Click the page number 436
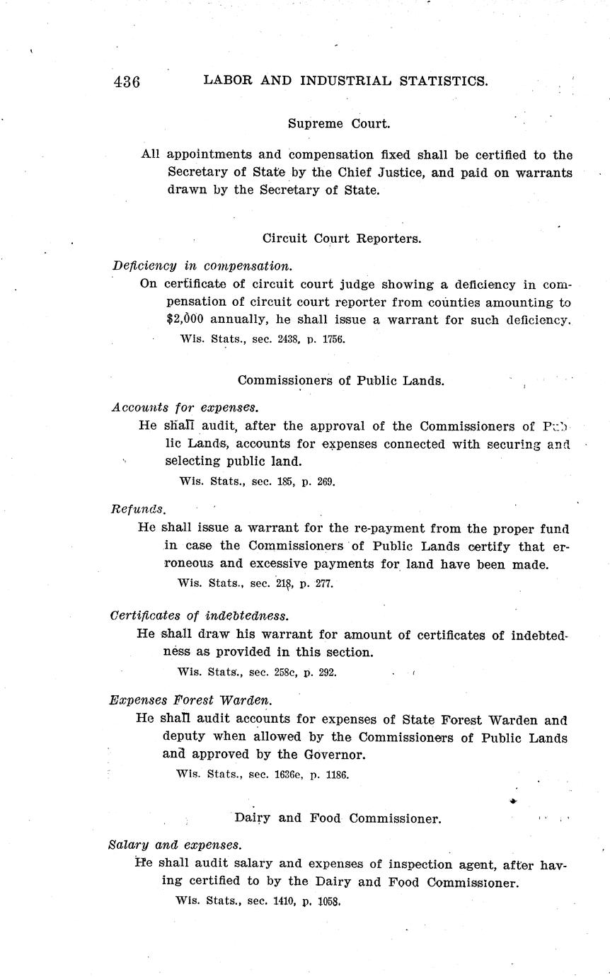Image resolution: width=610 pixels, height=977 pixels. point(127,82)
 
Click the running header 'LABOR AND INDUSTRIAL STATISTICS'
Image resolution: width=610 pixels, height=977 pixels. point(345,81)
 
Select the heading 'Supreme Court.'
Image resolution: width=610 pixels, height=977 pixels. point(339,123)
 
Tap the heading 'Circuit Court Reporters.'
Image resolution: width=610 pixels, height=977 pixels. point(342,239)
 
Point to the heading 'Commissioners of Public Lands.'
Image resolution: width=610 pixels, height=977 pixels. point(341,380)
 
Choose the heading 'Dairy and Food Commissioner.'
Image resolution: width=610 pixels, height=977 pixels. point(338,818)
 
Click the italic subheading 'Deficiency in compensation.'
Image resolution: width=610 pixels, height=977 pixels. point(202,266)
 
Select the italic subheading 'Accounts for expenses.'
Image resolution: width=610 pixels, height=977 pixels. point(185,408)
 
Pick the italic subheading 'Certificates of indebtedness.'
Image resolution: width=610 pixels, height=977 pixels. point(200,616)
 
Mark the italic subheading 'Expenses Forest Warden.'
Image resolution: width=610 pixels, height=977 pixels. point(190,700)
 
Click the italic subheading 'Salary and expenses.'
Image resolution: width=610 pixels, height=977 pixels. point(175,845)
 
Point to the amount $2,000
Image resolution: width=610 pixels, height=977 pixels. point(185,320)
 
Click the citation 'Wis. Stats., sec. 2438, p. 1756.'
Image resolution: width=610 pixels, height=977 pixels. point(263,339)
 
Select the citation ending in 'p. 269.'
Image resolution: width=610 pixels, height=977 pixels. point(258,481)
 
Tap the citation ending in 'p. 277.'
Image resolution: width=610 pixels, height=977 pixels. point(255,583)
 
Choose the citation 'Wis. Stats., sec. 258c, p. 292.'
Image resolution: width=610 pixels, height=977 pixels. point(256,672)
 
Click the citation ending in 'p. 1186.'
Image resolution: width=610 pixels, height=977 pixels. point(262,775)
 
